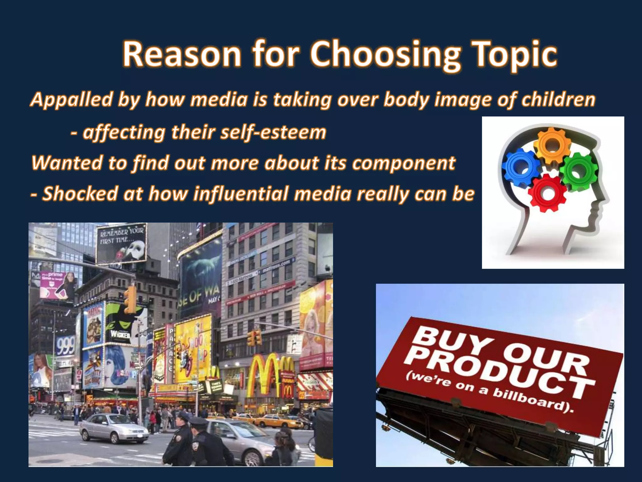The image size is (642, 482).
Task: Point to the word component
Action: coord(404,163)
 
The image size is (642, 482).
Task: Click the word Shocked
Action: coord(80,193)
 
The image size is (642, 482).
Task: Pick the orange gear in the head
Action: coord(552,145)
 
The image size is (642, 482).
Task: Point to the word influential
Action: coord(241,193)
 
